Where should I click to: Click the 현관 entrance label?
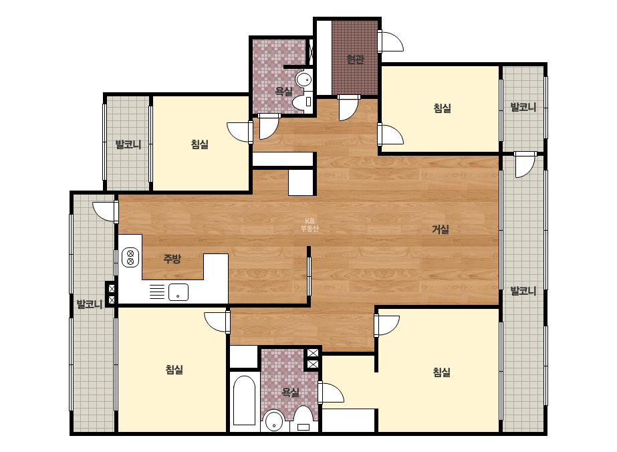355,60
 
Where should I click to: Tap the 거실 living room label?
441,229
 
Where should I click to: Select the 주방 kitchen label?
172,259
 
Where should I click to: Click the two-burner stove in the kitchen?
130,257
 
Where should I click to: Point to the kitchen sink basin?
178,292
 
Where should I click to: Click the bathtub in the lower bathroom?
245,401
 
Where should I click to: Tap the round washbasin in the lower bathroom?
274,422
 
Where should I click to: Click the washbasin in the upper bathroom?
303,80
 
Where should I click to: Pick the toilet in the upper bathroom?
302,102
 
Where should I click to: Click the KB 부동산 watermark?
310,225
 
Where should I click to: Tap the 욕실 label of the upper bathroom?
283,92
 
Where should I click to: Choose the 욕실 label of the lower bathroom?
290,392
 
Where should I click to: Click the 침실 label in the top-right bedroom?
443,108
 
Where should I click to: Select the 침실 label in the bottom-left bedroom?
174,369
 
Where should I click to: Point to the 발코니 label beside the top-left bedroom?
128,144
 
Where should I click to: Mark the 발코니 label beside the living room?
523,291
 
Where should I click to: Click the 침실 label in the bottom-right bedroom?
441,372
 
